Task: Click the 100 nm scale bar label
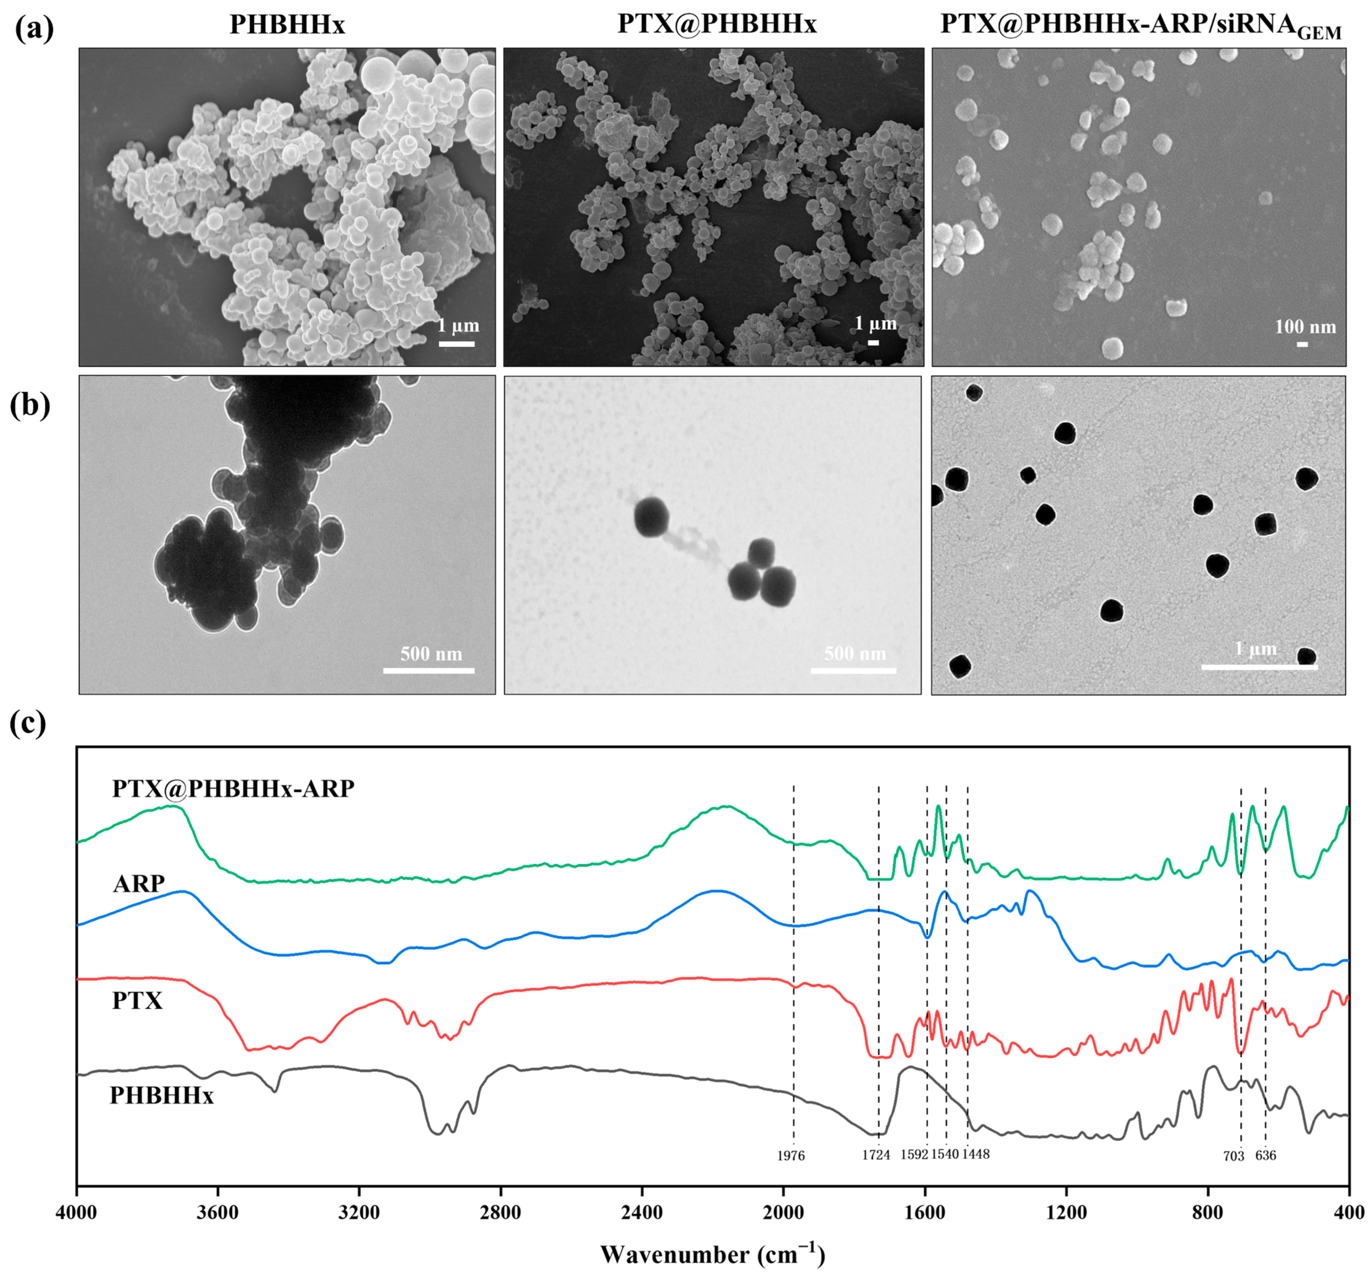point(1305,326)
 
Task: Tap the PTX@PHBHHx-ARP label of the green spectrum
point(233,788)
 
